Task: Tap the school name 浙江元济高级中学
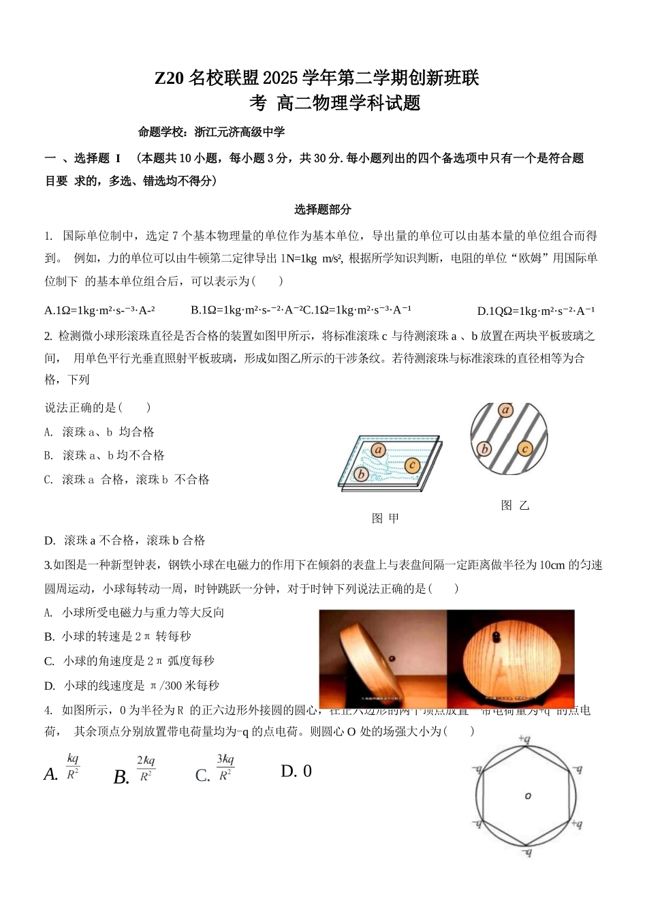click(x=239, y=132)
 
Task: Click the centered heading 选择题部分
click(x=323, y=209)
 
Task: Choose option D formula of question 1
click(x=536, y=311)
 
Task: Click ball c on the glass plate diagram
click(x=412, y=465)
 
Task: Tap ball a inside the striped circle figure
click(x=505, y=410)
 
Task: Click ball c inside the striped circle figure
click(x=524, y=448)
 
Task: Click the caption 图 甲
click(x=385, y=518)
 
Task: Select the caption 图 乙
click(x=515, y=505)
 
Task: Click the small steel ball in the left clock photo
click(x=392, y=658)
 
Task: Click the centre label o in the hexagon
click(x=527, y=795)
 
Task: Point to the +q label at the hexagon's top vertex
click(x=524, y=738)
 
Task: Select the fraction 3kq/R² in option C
click(x=225, y=767)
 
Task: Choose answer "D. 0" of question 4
click(x=296, y=771)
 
